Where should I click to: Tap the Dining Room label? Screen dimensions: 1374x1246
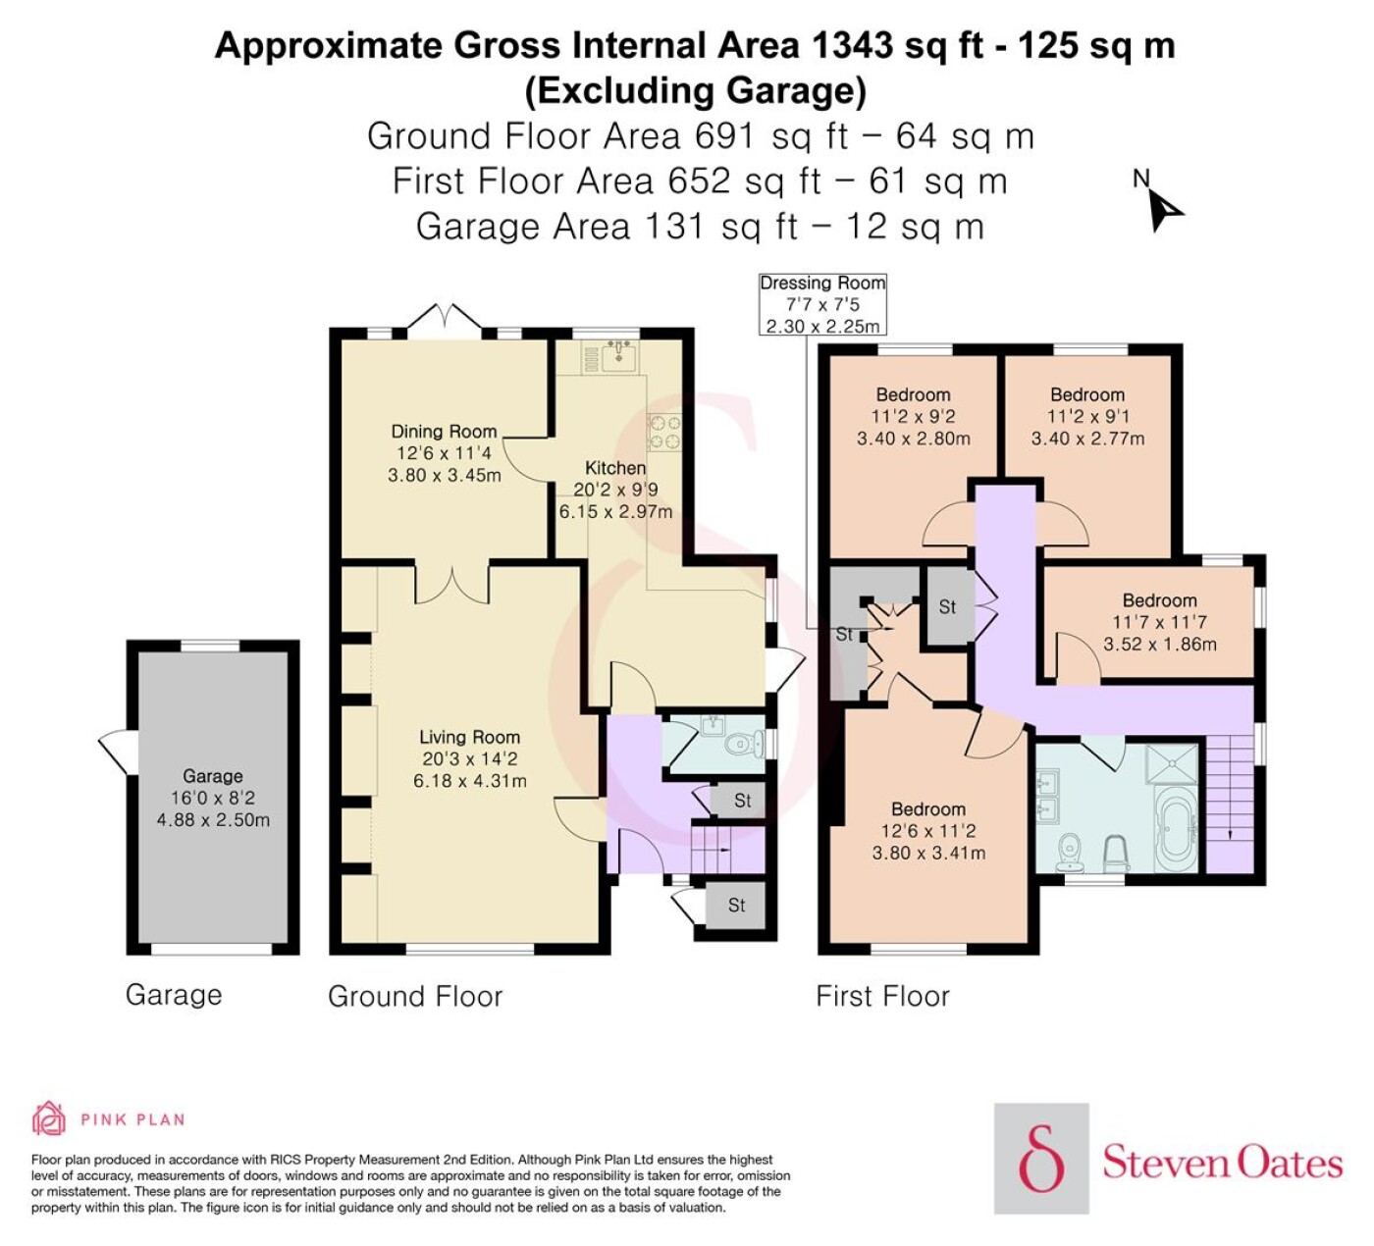pyautogui.click(x=444, y=432)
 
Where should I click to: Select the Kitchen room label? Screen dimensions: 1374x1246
pyautogui.click(x=615, y=468)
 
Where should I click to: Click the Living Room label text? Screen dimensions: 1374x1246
pyautogui.click(x=469, y=737)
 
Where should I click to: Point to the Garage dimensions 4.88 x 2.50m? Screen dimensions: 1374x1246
pyautogui.click(x=213, y=820)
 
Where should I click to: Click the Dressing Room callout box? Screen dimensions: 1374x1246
pyautogui.click(x=822, y=304)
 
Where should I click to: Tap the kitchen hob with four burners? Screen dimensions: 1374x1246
pyautogui.click(x=663, y=433)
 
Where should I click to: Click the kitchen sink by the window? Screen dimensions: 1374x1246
pyautogui.click(x=618, y=356)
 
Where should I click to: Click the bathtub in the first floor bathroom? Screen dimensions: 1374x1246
pyautogui.click(x=1177, y=830)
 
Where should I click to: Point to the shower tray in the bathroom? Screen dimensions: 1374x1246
pyautogui.click(x=1176, y=763)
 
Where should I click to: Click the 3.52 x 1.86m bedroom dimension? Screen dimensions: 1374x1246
pyautogui.click(x=1160, y=644)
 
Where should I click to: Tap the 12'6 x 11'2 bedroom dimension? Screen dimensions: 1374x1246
pyautogui.click(x=928, y=831)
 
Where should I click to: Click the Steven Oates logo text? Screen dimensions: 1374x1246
pyautogui.click(x=1222, y=1164)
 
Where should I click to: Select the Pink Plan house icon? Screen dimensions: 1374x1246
pyautogui.click(x=49, y=1118)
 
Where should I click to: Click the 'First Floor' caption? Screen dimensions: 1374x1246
pyautogui.click(x=882, y=996)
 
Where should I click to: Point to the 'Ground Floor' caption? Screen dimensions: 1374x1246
pyautogui.click(x=415, y=996)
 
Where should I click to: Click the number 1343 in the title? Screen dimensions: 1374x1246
pyautogui.click(x=852, y=46)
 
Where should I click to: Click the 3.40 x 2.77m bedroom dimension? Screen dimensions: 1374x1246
pyautogui.click(x=1087, y=439)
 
